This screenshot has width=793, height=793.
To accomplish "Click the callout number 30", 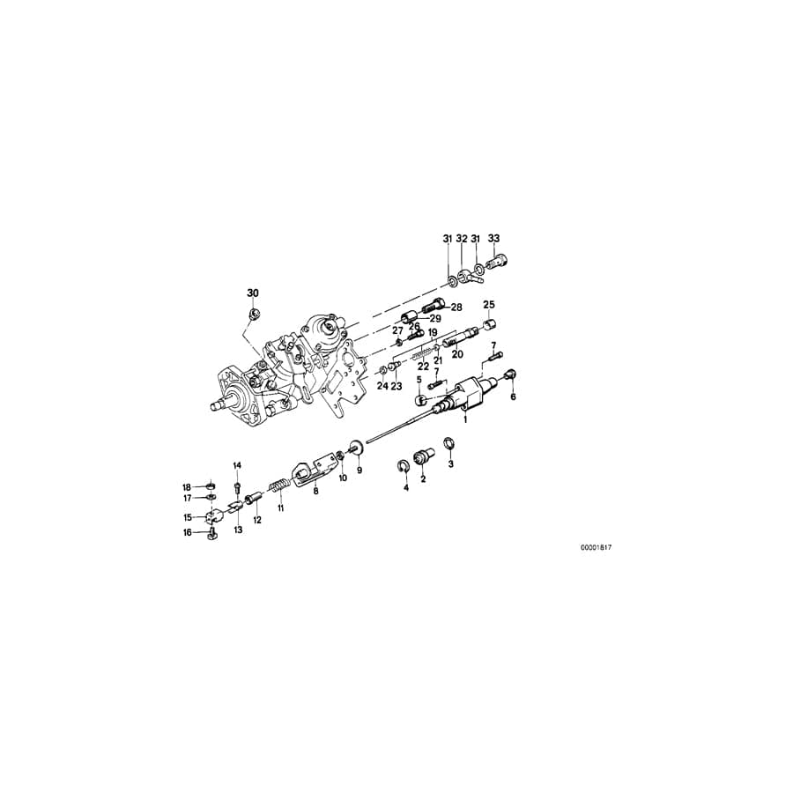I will (x=253, y=293).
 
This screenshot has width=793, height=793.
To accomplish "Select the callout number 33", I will (x=493, y=239).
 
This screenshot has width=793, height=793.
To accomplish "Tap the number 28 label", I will (x=456, y=308).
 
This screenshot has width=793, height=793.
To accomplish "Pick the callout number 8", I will (x=315, y=492).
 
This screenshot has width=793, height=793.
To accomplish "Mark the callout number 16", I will (x=187, y=532).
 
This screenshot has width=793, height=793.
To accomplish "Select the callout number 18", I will (x=187, y=487).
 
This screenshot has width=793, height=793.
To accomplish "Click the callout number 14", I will (x=237, y=464).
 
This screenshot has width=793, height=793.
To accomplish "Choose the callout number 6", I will (x=514, y=396).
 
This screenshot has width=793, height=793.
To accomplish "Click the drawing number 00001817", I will (x=596, y=547).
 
